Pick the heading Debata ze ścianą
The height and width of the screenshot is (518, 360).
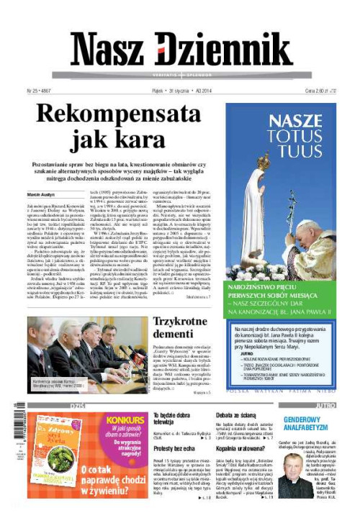pyautogui.click(x=234, y=415)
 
